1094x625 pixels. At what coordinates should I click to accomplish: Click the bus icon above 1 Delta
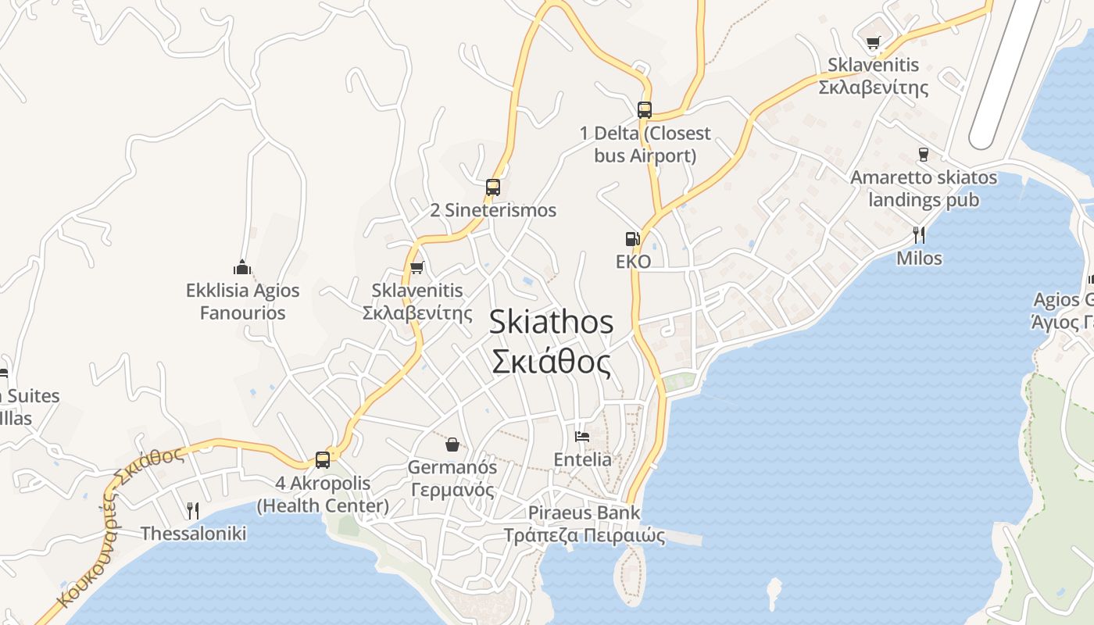coord(644,110)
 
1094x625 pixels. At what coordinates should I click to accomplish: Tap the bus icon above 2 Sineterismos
coord(492,187)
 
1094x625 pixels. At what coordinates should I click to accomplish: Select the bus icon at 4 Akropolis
coord(322,460)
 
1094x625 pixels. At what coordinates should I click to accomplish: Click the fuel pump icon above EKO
coord(632,239)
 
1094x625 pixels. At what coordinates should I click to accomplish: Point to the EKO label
coord(633,262)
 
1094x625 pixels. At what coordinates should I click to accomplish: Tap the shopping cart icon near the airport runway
coord(873,42)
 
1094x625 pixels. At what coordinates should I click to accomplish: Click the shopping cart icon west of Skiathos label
coord(417,268)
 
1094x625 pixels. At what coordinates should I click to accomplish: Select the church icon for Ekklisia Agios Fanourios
coord(242,268)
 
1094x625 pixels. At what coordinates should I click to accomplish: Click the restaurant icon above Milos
coord(919,234)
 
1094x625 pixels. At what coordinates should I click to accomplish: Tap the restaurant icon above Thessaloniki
coord(192,511)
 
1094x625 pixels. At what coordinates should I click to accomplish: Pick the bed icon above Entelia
coord(582,436)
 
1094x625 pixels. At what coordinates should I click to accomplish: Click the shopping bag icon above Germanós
coord(452,445)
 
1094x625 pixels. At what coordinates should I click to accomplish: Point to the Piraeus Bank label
coord(584,513)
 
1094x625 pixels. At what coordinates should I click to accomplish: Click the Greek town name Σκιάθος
coord(551,362)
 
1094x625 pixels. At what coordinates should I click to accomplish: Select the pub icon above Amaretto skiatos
coord(923,155)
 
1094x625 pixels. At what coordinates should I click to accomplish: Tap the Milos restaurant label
coord(919,259)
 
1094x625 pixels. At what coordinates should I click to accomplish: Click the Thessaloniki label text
coord(193,534)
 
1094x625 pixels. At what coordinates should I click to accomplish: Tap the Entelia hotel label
coord(582,459)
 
